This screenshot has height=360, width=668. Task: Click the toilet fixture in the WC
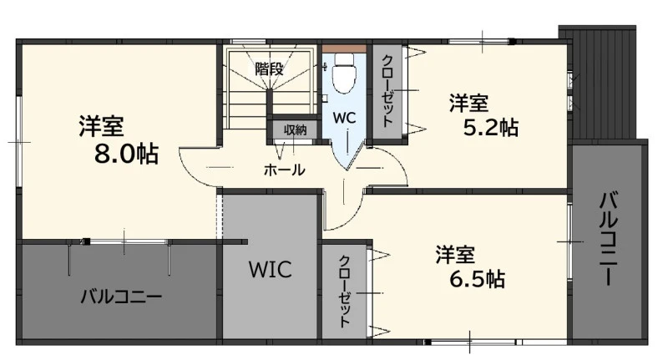[343, 74]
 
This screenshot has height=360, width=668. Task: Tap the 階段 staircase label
[269, 68]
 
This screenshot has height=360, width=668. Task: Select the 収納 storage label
[295, 129]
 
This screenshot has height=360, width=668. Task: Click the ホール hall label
[284, 170]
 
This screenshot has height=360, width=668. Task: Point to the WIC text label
[271, 269]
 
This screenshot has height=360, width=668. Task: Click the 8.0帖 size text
[127, 154]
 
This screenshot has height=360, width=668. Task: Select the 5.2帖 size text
[491, 128]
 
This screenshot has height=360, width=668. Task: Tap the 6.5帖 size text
[477, 279]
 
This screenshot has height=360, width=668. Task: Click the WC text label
[344, 118]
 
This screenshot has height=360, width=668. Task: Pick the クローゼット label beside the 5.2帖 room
[387, 91]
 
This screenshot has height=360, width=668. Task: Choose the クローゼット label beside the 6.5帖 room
[344, 291]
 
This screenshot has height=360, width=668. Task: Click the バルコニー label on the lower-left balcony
[121, 296]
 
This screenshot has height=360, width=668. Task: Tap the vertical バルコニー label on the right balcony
[610, 239]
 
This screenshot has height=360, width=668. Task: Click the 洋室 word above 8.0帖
[101, 125]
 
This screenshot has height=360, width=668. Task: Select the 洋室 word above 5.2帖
[468, 103]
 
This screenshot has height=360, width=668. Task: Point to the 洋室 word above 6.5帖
[455, 255]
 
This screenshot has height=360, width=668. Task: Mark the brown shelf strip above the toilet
[344, 48]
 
